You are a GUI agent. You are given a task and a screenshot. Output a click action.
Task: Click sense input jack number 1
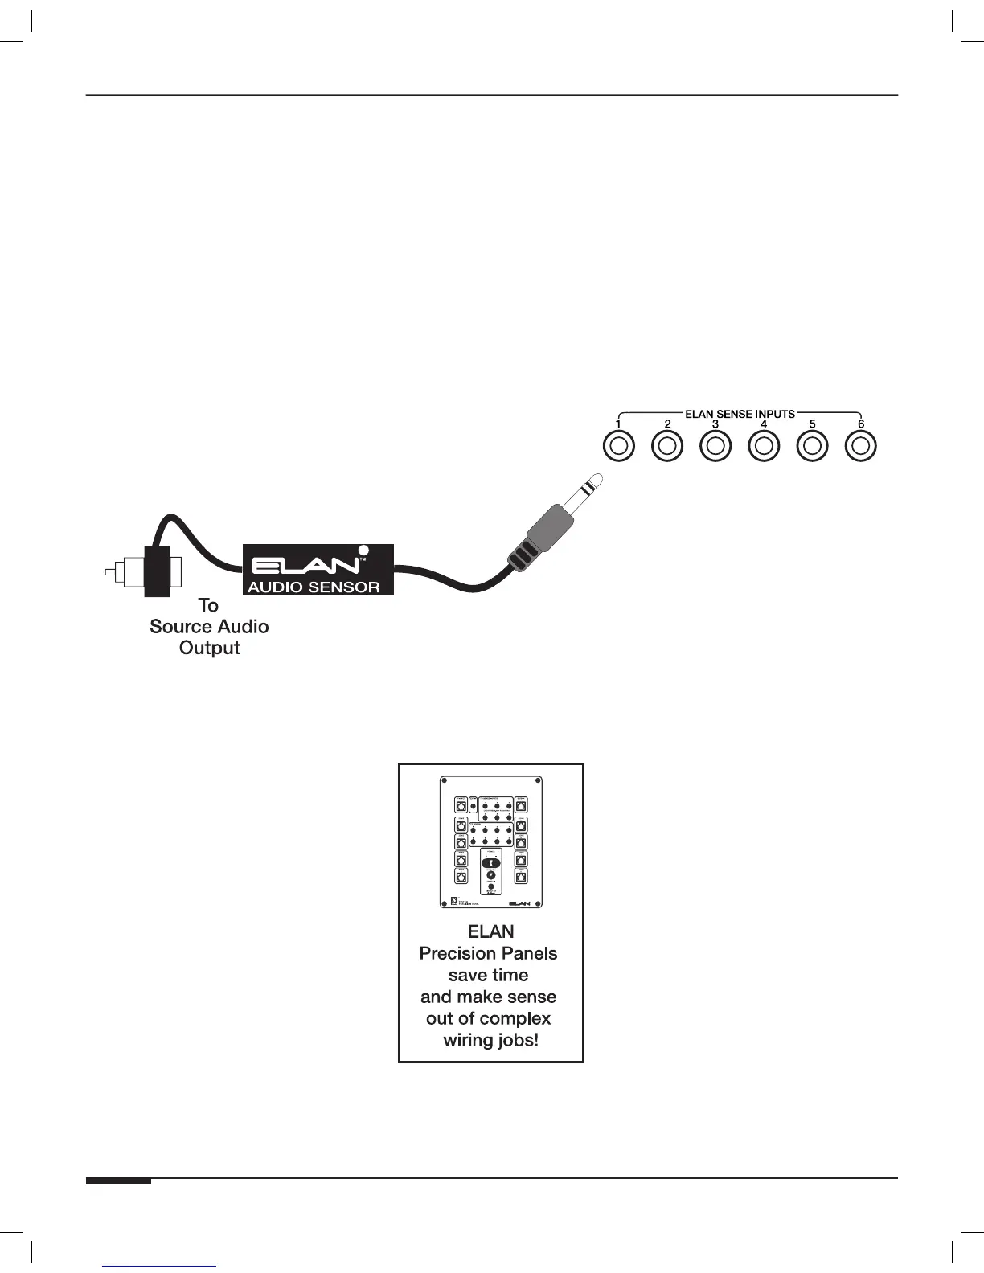[618, 446]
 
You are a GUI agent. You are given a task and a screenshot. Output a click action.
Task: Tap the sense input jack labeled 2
[666, 446]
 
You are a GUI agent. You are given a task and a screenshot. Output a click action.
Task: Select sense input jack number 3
[715, 446]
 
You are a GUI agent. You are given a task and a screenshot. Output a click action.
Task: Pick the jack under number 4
[764, 446]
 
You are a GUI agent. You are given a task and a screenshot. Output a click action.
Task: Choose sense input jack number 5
[812, 446]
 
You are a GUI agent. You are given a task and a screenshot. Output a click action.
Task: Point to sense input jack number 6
[861, 446]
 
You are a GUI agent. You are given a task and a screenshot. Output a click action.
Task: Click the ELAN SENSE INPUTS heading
[740, 414]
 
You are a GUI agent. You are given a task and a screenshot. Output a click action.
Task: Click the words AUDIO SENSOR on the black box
[314, 587]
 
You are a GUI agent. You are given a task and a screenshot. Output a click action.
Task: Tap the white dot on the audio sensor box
[363, 552]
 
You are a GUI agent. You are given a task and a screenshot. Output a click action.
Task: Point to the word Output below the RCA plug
[209, 648]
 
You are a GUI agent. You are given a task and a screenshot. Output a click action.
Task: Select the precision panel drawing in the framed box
[490, 841]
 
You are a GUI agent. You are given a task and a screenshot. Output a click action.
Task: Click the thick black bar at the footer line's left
[119, 1181]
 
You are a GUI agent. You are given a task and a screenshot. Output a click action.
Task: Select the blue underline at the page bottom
[160, 1267]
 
